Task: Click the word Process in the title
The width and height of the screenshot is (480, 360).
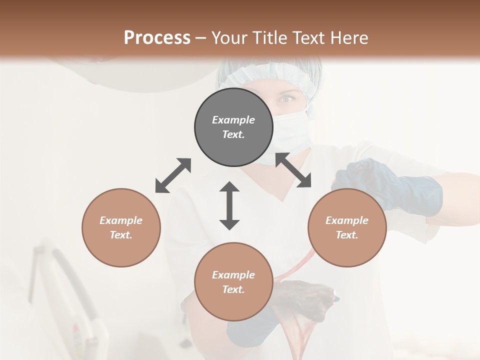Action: (x=157, y=38)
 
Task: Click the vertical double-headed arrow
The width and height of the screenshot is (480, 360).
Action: (x=229, y=205)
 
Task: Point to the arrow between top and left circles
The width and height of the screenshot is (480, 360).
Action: (x=173, y=175)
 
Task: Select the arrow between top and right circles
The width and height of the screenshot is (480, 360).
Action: (x=293, y=170)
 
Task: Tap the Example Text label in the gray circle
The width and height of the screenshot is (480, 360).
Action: (x=233, y=127)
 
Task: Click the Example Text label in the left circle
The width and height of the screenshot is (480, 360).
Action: (x=121, y=227)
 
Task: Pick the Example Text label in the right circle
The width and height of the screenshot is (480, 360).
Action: (x=347, y=227)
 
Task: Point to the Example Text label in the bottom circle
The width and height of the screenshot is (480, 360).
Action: (x=233, y=282)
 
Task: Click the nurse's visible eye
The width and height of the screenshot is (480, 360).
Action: (x=286, y=99)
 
